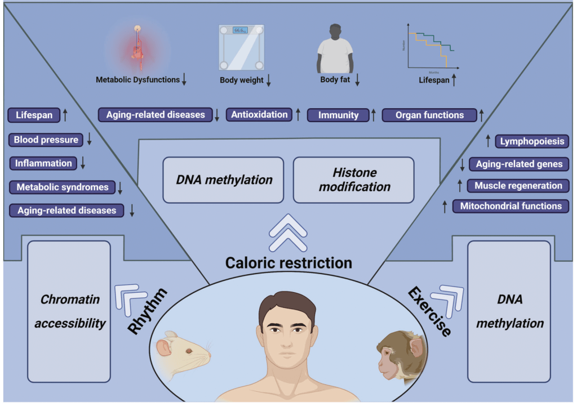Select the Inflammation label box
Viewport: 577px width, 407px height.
point(43,163)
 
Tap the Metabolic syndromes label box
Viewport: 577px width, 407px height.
point(62,187)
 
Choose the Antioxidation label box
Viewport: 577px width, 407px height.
point(260,115)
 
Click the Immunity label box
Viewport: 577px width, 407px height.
point(338,115)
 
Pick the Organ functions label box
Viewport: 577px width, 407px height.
point(429,115)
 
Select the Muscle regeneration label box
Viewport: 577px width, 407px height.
point(518,186)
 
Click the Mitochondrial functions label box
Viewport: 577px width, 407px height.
point(511,206)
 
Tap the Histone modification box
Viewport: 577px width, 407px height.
point(354,180)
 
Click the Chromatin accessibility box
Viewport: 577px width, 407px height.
point(68,311)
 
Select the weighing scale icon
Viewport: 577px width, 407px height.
point(241,47)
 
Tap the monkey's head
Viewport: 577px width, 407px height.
point(401,354)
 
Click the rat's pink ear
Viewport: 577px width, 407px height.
point(164,347)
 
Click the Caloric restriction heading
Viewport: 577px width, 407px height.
point(288,262)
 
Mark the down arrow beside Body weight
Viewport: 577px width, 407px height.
point(269,80)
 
